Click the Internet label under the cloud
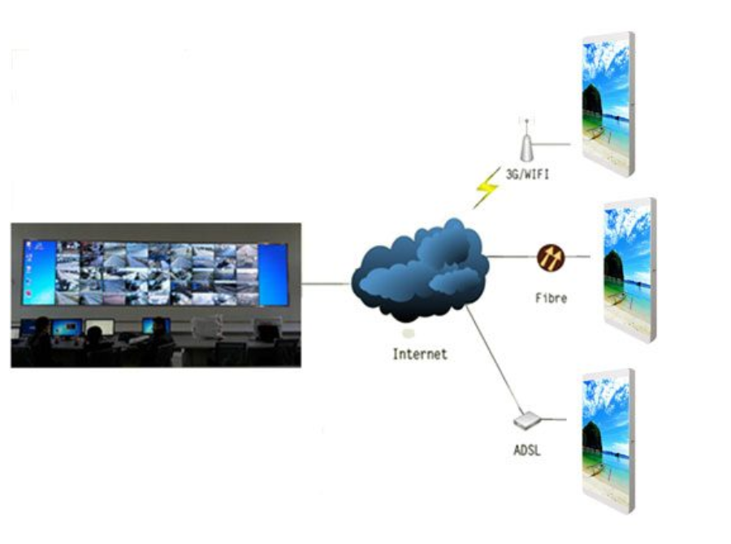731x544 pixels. [x=419, y=354]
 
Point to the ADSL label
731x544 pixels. [x=526, y=450]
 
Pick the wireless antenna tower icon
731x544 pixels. [x=526, y=142]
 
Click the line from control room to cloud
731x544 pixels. [x=326, y=283]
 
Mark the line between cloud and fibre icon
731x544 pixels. [x=510, y=257]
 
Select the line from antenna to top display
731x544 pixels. [x=552, y=145]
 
